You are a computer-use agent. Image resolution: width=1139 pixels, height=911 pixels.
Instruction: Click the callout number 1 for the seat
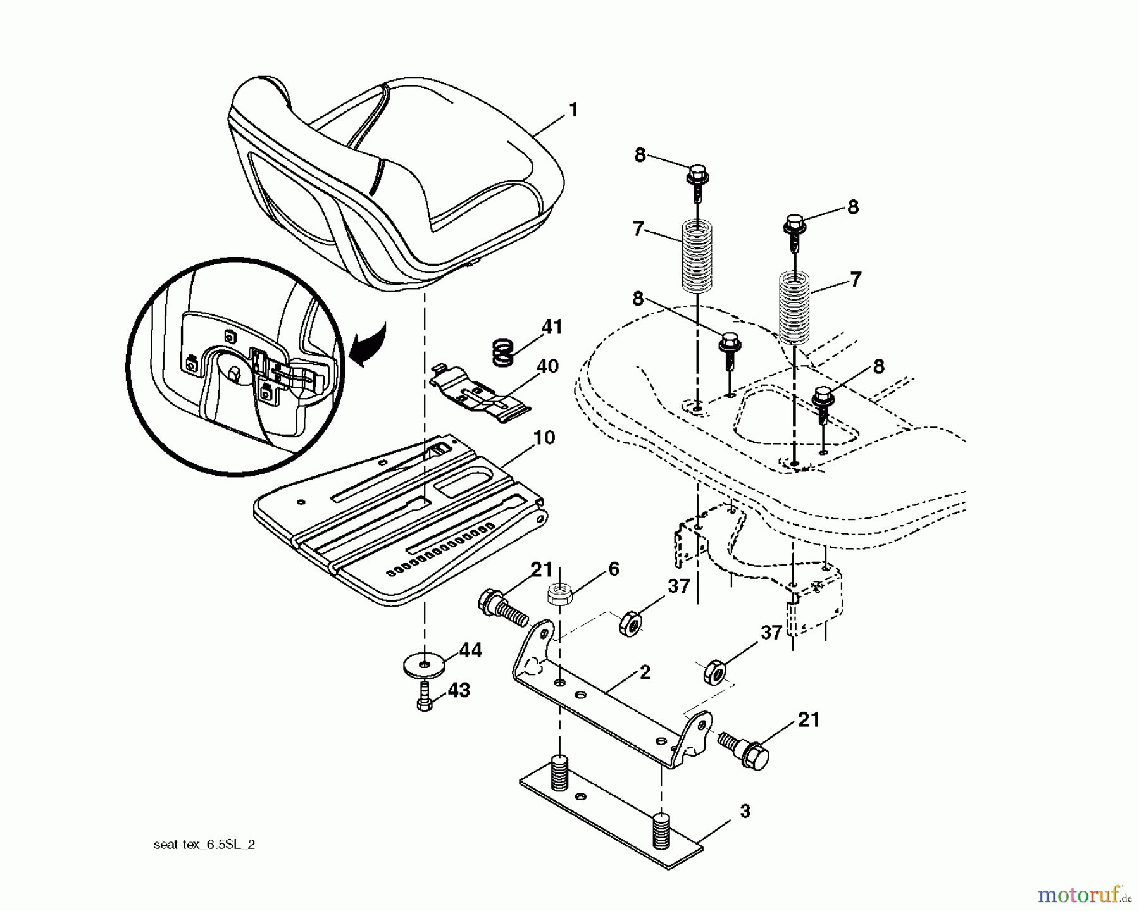[x=573, y=111]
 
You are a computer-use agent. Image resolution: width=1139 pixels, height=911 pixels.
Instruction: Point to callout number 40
[x=548, y=366]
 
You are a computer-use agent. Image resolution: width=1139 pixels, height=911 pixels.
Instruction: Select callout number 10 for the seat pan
[x=544, y=438]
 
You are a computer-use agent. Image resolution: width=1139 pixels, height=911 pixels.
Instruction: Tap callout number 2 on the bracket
[x=644, y=672]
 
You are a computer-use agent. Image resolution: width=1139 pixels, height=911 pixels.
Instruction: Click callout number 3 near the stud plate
[x=745, y=812]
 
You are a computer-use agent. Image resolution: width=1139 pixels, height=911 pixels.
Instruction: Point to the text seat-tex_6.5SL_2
[x=204, y=845]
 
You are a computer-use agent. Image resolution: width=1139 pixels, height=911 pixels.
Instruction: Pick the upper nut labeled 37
[x=630, y=622]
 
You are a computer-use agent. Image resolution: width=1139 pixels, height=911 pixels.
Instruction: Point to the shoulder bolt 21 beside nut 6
[x=502, y=607]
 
